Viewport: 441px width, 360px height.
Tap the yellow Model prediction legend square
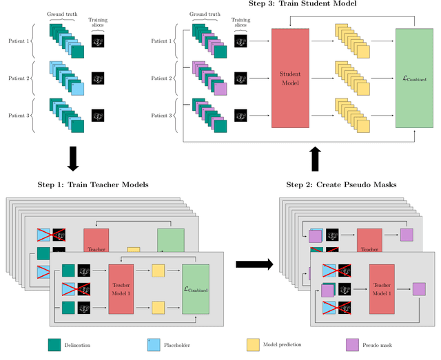(252, 345)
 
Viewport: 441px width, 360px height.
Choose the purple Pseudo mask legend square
(351, 345)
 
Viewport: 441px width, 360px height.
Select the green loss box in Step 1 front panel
(197, 289)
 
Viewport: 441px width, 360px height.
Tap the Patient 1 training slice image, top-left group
(98, 41)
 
